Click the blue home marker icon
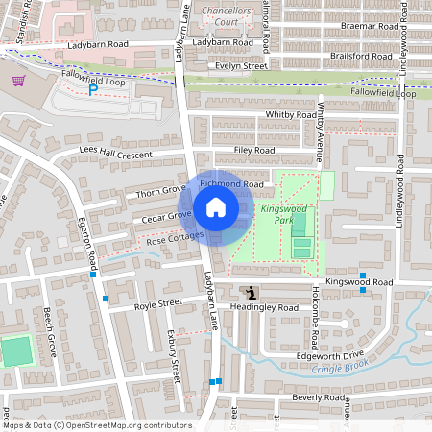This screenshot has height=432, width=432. [x=216, y=206]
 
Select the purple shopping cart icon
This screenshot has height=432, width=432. [x=17, y=82]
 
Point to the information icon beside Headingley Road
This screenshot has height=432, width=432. [x=252, y=292]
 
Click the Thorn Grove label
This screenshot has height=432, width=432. [x=160, y=192]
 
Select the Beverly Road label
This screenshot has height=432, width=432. [x=319, y=397]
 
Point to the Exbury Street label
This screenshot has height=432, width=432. [x=175, y=354]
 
